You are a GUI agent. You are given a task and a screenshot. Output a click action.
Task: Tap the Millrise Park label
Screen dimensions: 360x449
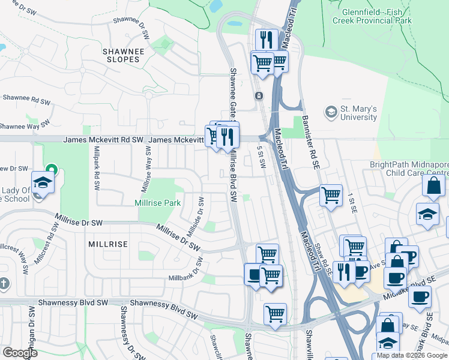[x=158, y=203]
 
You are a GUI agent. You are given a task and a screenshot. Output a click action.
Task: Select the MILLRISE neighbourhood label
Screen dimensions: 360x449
[x=108, y=244]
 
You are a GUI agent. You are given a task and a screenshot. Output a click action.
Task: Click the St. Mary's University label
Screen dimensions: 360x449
[x=359, y=113]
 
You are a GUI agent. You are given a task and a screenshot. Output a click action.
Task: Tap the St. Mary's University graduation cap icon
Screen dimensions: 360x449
[x=331, y=112]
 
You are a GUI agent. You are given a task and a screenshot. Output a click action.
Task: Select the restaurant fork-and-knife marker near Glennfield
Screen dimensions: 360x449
[x=267, y=40]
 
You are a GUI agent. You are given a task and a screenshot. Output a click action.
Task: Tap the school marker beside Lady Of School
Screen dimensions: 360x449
[x=43, y=182]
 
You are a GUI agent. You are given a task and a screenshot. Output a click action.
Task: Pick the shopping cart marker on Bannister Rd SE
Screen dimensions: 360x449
[x=331, y=195]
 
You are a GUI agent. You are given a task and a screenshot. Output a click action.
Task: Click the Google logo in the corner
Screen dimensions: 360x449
[x=20, y=352]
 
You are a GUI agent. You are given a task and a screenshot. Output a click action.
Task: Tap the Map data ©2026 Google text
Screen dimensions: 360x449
[x=412, y=355]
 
